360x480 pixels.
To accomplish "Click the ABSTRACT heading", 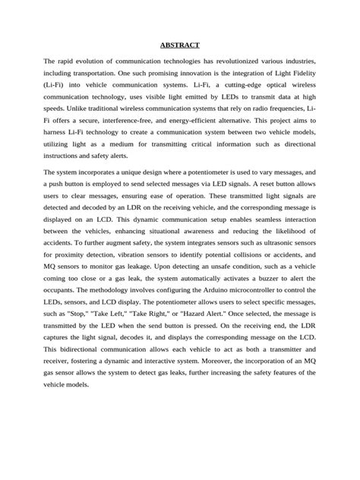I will tap(180, 45).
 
